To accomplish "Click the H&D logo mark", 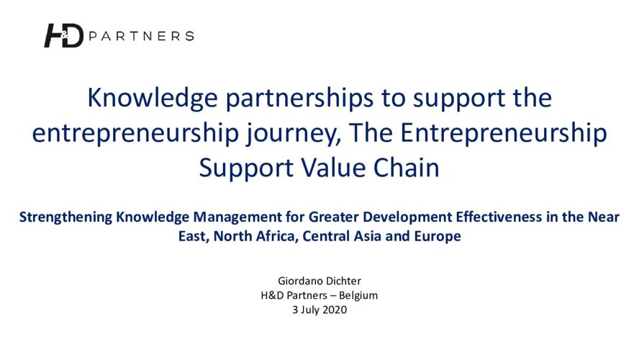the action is (63, 35).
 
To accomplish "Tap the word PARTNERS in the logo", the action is (141, 36).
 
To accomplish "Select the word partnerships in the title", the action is (299, 98).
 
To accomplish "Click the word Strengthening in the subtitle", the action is (65, 217).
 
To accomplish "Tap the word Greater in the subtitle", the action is (333, 217).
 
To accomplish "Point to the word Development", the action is (407, 217).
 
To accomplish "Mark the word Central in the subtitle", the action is (326, 236).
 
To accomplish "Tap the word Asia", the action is (368, 236).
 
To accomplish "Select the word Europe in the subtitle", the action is (438, 236).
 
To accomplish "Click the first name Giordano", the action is (298, 281).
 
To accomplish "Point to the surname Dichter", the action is (341, 281).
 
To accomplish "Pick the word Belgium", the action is (358, 296).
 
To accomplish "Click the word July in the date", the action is (310, 310).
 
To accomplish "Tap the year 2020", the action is (335, 310).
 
